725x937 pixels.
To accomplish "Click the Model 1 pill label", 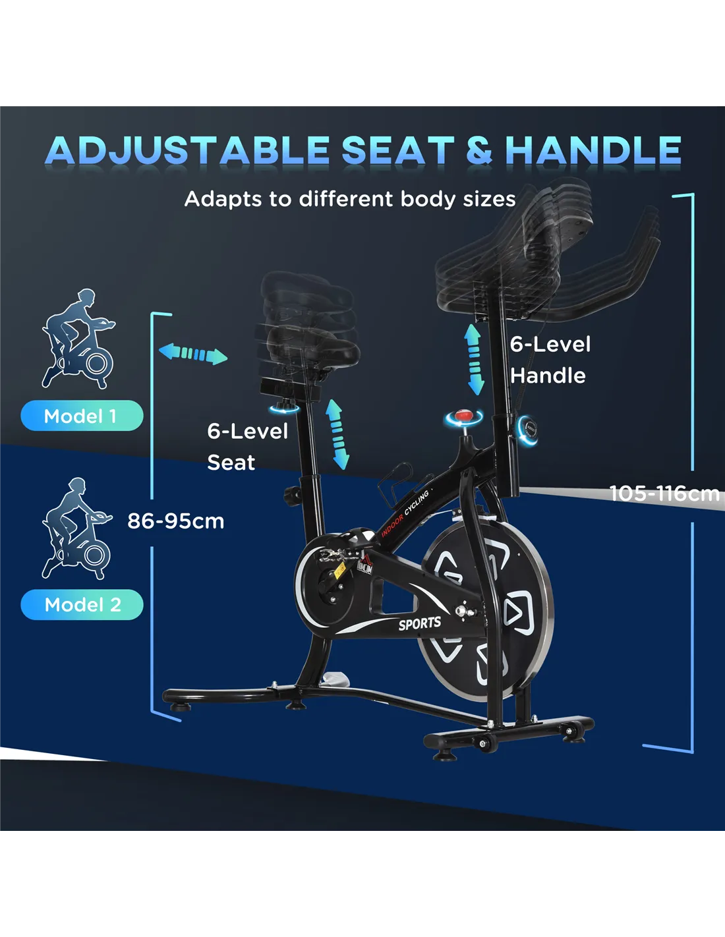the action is [82, 416].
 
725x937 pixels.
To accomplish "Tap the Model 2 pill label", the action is [82, 604].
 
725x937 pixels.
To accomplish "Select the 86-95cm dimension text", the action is [176, 521].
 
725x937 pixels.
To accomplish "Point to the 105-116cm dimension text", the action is [664, 494].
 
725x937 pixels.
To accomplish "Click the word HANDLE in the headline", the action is [593, 150].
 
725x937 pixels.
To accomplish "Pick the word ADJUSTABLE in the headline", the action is [187, 150].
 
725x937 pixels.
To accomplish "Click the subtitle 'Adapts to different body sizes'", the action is [350, 199].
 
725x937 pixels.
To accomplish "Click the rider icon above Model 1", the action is [78, 339].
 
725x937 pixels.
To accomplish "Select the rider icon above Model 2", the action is [76, 528].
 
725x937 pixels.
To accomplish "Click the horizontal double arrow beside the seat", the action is [193, 354].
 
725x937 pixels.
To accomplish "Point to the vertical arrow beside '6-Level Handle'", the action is [475, 360].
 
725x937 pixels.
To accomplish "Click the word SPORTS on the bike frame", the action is [420, 623].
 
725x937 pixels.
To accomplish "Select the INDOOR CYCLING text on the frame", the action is [405, 514].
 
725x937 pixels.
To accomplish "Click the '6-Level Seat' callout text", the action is [248, 447].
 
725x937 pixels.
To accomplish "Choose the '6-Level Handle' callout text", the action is [550, 360].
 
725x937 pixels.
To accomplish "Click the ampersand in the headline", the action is [479, 150].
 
